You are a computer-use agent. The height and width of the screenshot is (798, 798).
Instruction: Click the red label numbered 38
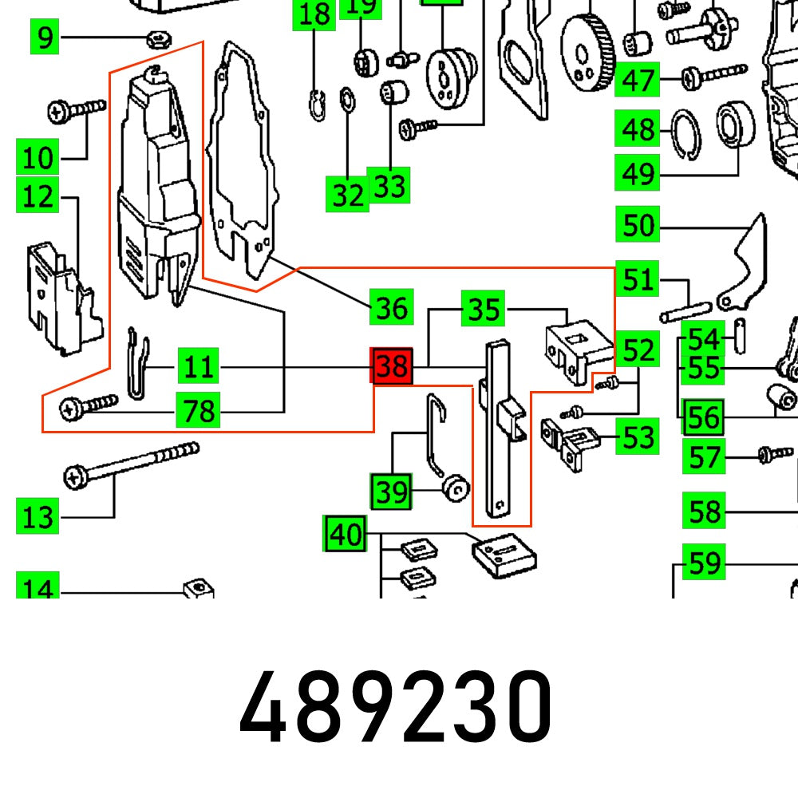(x=392, y=367)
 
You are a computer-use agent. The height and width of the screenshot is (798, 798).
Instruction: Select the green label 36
(x=392, y=307)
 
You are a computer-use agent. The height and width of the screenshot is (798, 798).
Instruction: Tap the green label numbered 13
(x=38, y=517)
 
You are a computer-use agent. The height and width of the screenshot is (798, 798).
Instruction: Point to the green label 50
(x=638, y=226)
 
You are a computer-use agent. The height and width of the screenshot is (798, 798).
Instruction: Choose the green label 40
(x=346, y=535)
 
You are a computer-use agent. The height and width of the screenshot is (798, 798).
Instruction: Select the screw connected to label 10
(x=77, y=109)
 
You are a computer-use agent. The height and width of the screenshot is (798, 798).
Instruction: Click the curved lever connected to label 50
(x=744, y=263)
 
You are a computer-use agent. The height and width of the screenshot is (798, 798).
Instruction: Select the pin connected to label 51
(x=685, y=311)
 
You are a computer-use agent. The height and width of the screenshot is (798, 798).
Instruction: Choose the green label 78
(x=198, y=412)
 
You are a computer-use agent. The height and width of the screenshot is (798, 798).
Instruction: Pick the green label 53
(x=638, y=437)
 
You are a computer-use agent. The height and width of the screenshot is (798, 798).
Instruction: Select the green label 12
(x=38, y=196)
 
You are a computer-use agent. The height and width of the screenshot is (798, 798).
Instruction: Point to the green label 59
(x=705, y=564)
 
